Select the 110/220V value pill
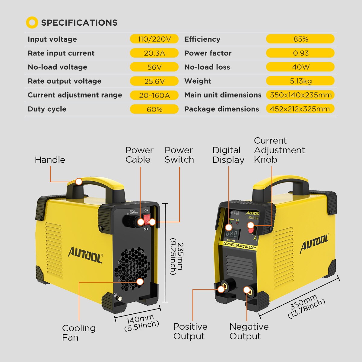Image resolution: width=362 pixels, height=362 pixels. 154,39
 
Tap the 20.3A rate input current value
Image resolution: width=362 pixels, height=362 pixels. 154,53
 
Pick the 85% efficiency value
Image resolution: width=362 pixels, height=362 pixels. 300,39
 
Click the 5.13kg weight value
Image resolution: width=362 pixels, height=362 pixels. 300,81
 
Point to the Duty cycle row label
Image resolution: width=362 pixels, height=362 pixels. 47,109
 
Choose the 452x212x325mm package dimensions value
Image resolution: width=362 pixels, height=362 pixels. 300,109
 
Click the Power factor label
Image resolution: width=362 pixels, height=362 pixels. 208,53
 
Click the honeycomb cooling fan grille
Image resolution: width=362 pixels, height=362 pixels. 132,269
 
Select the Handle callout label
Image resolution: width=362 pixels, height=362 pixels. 50,160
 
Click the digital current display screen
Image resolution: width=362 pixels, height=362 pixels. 232,234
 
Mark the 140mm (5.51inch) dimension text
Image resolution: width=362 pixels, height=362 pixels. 141,323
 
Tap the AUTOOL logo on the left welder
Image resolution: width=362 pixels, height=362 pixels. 85,255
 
